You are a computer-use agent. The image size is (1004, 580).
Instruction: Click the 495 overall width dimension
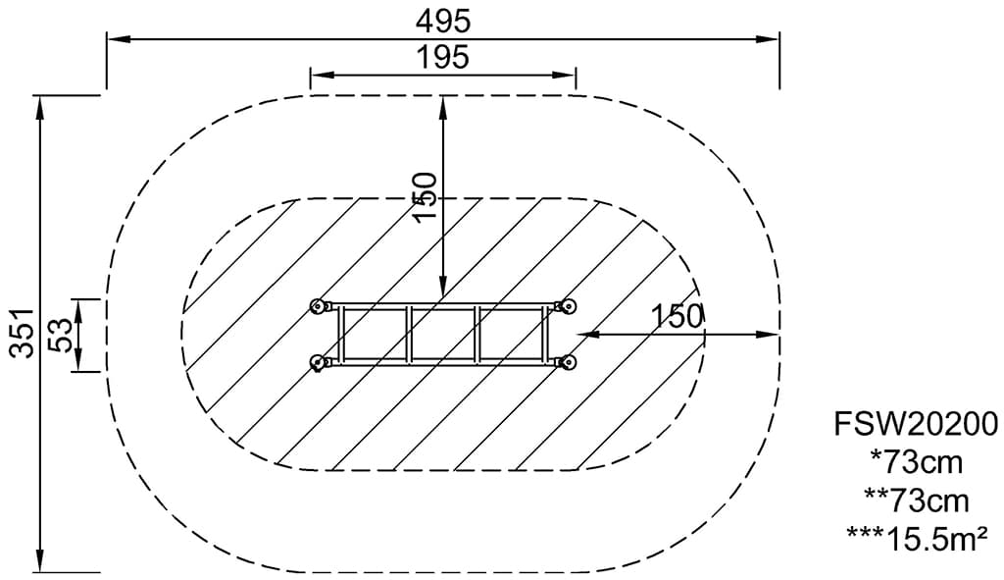(x=443, y=22)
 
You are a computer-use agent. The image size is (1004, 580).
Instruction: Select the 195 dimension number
(x=443, y=57)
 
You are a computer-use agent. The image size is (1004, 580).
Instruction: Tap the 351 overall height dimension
(x=23, y=333)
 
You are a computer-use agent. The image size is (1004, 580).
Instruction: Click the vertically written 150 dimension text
(x=426, y=197)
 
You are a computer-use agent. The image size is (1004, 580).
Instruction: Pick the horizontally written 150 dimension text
(x=677, y=317)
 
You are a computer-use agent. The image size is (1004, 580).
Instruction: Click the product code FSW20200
(x=916, y=424)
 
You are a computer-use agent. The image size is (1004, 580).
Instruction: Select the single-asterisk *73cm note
(x=917, y=462)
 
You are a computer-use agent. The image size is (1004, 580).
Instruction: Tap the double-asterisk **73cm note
(x=917, y=501)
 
